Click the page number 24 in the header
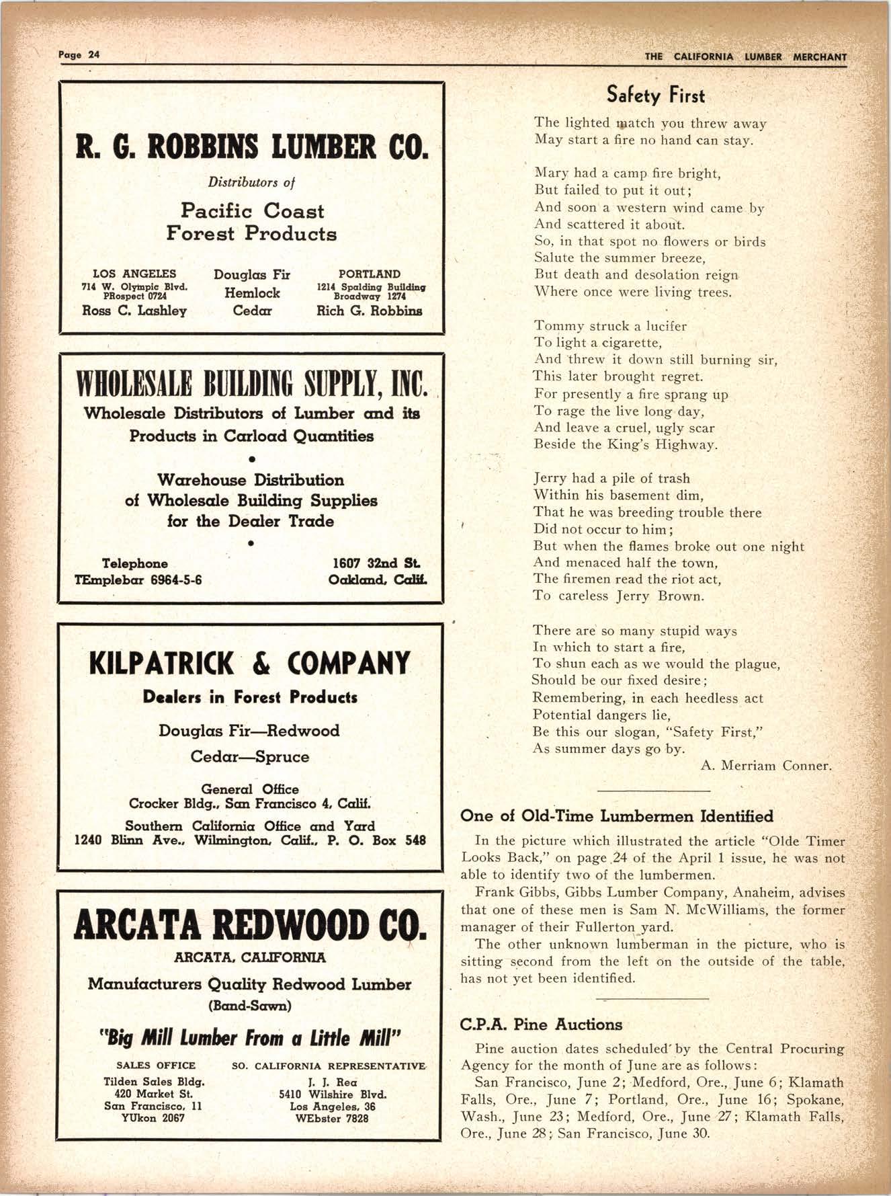(93, 55)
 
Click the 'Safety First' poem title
(655, 95)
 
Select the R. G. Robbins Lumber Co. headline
(252, 147)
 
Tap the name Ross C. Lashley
(134, 311)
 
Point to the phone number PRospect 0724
(134, 295)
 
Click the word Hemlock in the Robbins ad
(252, 293)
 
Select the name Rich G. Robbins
(370, 311)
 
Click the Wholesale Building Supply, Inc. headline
(252, 383)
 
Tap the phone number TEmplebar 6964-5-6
(138, 580)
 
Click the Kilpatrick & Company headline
(250, 663)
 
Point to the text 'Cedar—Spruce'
(250, 757)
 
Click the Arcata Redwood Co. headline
(250, 925)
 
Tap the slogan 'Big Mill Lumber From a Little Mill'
(250, 1038)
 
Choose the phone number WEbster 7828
(332, 1119)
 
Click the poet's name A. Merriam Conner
(766, 766)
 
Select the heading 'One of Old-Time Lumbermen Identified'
(617, 816)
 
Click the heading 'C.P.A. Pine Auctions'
(541, 1025)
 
